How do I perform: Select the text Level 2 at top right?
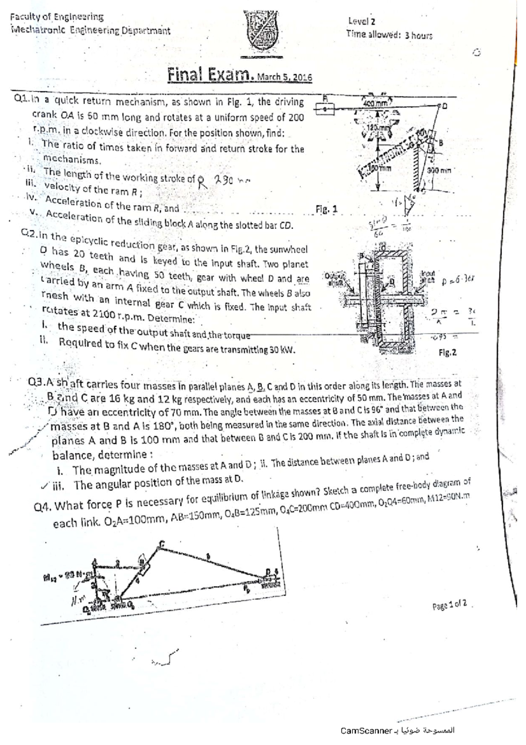pyautogui.click(x=361, y=21)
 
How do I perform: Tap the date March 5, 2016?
pyautogui.click(x=284, y=78)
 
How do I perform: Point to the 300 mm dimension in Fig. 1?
pyautogui.click(x=439, y=171)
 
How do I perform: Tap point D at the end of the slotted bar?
pyautogui.click(x=442, y=106)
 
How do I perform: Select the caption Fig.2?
pyautogui.click(x=448, y=352)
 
